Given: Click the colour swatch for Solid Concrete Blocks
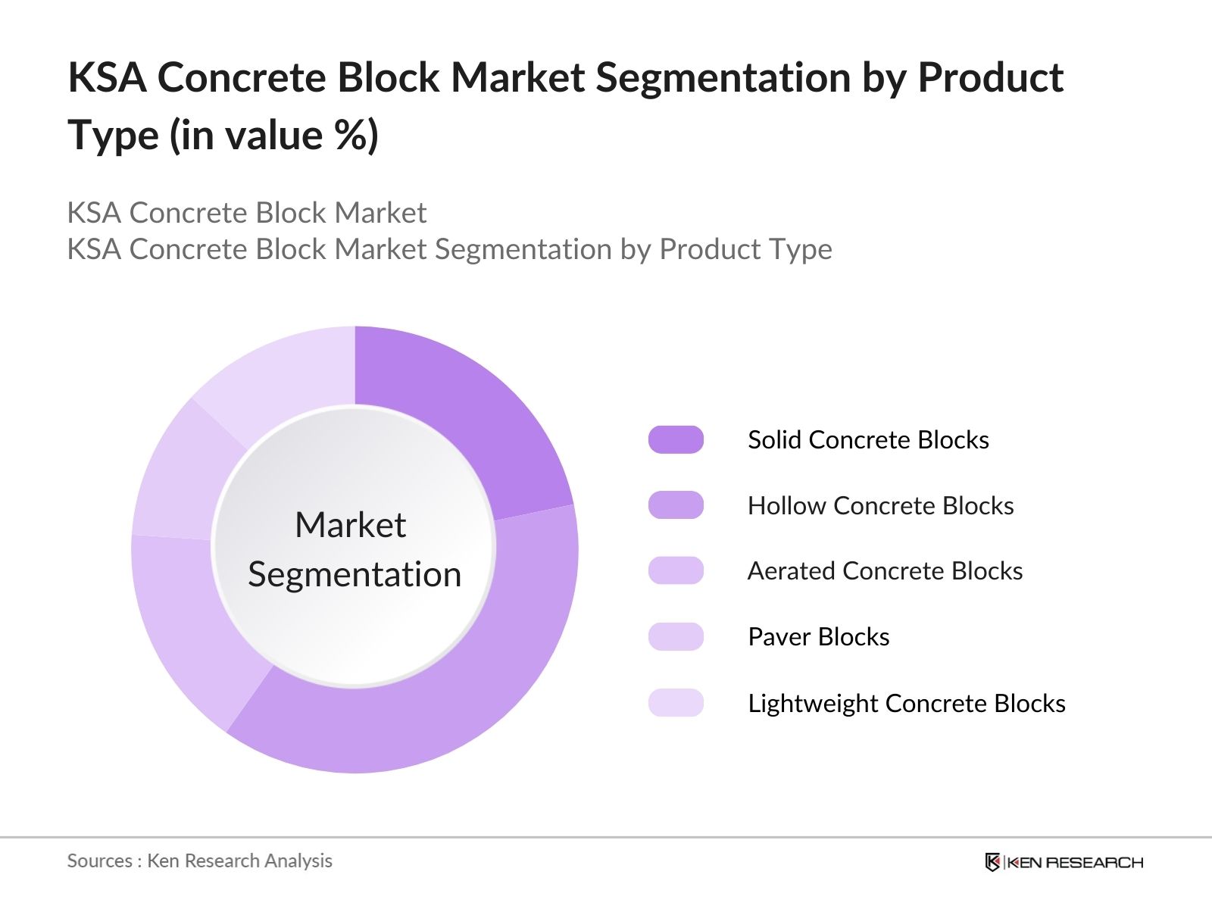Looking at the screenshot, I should coord(676,440).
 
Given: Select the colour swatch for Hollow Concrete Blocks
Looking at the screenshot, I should coord(676,505).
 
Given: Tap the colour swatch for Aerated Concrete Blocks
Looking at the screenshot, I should coord(676,570).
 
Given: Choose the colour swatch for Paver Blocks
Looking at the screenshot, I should coord(676,636).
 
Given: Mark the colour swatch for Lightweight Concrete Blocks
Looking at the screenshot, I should coord(676,703).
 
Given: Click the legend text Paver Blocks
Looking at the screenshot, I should coord(818,637).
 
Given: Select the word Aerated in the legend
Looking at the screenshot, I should coord(791,571).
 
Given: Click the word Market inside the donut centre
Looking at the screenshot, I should coord(350,525).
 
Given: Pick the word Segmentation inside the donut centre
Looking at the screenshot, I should coord(355,574).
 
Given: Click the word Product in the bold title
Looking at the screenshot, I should coord(990,78).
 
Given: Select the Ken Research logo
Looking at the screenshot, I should coord(1064,862).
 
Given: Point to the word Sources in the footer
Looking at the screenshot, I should coord(99,861).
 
